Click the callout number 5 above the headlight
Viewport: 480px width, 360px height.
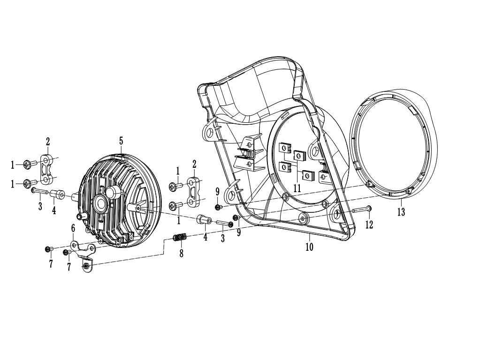click(x=121, y=141)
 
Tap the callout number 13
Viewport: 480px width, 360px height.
click(x=401, y=212)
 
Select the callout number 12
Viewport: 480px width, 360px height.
click(x=369, y=225)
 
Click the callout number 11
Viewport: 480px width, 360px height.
click(x=297, y=187)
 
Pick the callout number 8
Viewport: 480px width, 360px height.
click(x=182, y=254)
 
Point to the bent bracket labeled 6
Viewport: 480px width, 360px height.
click(x=84, y=254)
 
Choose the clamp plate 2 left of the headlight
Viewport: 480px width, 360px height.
click(x=47, y=170)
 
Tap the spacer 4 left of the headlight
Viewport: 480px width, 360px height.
click(x=57, y=194)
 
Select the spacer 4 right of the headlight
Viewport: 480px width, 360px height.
click(x=204, y=220)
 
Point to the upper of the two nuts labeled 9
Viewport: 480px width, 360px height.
click(x=219, y=207)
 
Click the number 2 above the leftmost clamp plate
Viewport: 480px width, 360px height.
click(x=48, y=142)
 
